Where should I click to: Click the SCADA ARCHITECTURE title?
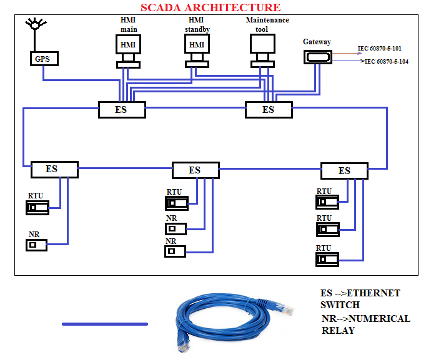(x=210, y=7)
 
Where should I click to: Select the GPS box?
(x=43, y=59)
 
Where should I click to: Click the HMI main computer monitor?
(x=129, y=45)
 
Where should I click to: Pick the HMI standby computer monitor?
(x=197, y=45)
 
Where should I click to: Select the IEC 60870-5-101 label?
(x=380, y=48)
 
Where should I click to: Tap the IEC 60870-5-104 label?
(x=386, y=62)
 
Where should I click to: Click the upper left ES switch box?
(x=122, y=109)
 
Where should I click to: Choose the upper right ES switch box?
(x=268, y=109)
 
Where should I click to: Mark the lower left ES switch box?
(x=54, y=169)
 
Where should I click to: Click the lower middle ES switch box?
(x=196, y=170)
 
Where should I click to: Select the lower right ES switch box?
(x=344, y=170)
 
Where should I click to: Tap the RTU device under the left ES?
(x=37, y=208)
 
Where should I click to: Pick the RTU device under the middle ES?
(x=176, y=203)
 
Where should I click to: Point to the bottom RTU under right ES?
(x=327, y=259)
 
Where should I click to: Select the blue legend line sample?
(x=104, y=324)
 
